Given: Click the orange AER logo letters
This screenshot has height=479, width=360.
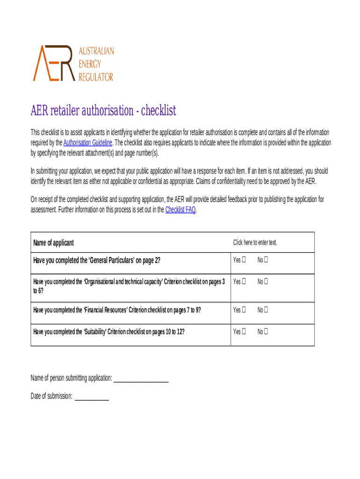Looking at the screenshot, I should (x=52, y=63).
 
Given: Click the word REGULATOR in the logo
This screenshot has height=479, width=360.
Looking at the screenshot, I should (x=95, y=77).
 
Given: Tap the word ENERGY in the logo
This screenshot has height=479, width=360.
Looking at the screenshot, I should (x=89, y=64).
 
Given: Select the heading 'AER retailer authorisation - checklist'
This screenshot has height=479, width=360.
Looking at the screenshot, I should (x=103, y=110).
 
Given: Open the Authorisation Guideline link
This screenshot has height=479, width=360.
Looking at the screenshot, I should (x=87, y=143).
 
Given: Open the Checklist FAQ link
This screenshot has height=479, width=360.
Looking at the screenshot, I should (x=180, y=210).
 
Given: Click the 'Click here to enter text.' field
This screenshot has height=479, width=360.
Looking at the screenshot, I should (x=255, y=242).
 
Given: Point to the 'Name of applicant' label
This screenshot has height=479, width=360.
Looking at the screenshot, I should (x=53, y=243).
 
